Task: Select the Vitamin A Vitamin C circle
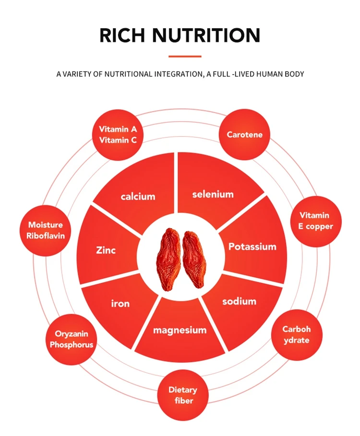(x=118, y=135)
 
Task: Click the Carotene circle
(x=244, y=135)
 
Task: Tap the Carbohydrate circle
(x=296, y=335)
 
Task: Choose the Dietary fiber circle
(x=182, y=395)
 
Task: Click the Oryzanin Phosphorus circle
(x=72, y=339)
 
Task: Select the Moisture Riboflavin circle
(x=46, y=230)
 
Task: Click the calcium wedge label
(x=138, y=196)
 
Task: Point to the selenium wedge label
(x=213, y=194)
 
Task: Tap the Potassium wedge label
(x=252, y=247)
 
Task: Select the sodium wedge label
(x=239, y=302)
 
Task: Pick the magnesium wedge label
(x=180, y=330)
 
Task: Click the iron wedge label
(x=120, y=303)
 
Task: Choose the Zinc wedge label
(x=106, y=250)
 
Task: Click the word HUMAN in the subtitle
(x=264, y=74)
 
